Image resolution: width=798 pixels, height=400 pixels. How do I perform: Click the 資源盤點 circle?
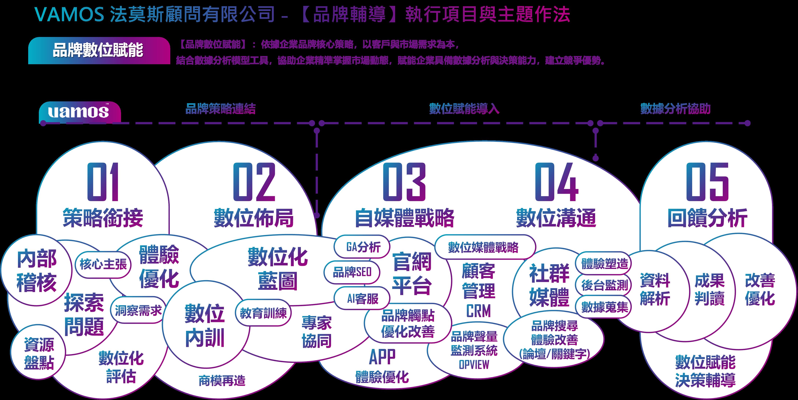point(39,354)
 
